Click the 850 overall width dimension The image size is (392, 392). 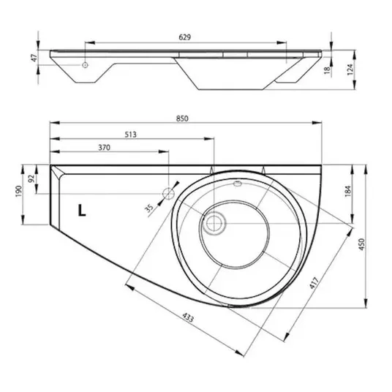click(x=182, y=118)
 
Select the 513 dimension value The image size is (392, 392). click(x=130, y=135)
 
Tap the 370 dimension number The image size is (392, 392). click(x=104, y=148)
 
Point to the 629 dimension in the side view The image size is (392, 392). click(x=185, y=37)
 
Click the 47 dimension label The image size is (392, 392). click(x=34, y=58)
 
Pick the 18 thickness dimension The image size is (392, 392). click(x=327, y=70)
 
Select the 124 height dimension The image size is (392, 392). click(x=350, y=69)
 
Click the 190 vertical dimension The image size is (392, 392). click(x=19, y=192)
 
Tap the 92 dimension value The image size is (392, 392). click(x=31, y=178)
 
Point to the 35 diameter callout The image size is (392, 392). click(x=149, y=208)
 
